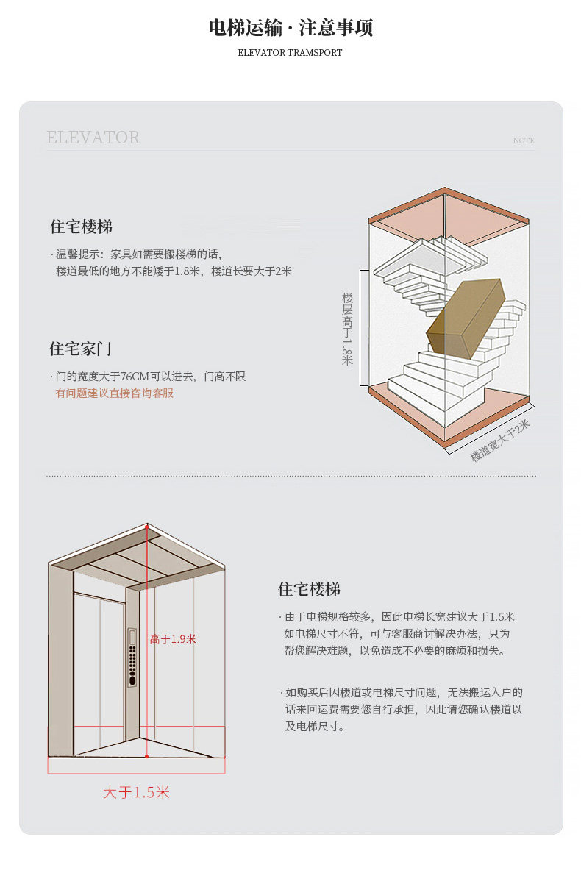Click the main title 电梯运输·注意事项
(290, 27)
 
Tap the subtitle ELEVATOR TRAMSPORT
(290, 53)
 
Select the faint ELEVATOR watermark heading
(93, 137)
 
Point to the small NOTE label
(524, 140)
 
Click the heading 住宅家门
(81, 349)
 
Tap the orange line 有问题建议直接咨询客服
(115, 393)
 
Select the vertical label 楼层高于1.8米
(347, 329)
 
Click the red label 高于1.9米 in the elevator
(173, 638)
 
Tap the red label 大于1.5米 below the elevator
(136, 792)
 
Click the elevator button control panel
(132, 658)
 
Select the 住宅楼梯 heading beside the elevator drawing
(309, 589)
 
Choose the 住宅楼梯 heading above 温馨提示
(81, 227)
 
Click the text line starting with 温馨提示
(137, 254)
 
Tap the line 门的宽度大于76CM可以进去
(148, 377)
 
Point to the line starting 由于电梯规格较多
(397, 617)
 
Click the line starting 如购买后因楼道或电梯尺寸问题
(402, 693)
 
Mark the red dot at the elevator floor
(147, 756)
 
